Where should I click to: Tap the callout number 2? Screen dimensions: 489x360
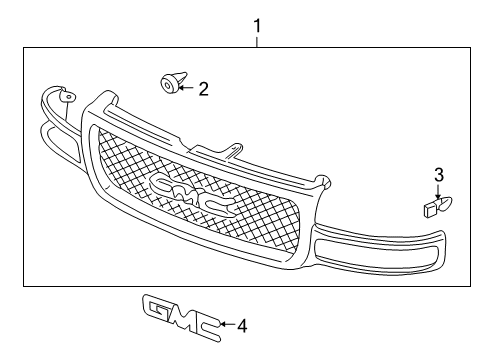point(203,89)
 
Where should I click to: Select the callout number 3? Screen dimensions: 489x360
point(438,176)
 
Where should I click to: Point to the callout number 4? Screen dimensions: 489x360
point(240,324)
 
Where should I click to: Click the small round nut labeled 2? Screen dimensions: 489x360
point(168,84)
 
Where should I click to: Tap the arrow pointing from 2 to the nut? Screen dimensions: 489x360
point(186,88)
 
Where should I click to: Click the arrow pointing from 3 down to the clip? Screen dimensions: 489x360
point(438,192)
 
